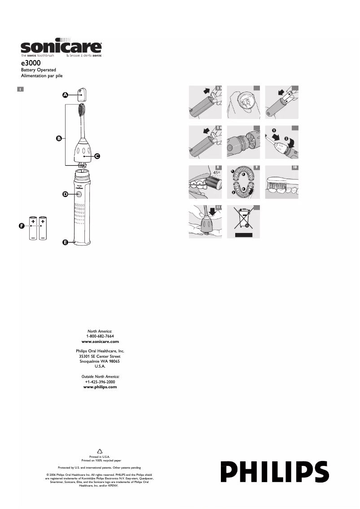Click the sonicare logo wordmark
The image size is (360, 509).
click(61, 48)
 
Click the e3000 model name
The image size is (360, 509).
click(31, 64)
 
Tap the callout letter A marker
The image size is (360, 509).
click(65, 95)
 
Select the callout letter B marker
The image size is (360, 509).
click(59, 139)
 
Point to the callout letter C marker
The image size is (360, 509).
click(97, 157)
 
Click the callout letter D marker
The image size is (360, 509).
click(65, 194)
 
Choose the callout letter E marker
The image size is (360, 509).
click(65, 242)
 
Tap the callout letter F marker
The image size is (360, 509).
click(21, 226)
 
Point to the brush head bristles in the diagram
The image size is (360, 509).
click(82, 109)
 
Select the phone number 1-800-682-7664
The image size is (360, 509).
click(100, 336)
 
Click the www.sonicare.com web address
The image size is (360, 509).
click(100, 342)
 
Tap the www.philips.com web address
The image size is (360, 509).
click(100, 386)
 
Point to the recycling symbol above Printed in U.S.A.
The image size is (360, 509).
click(100, 452)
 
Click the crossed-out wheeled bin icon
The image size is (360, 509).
click(243, 220)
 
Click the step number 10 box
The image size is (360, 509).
click(295, 168)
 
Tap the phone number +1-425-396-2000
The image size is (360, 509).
click(100, 382)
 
